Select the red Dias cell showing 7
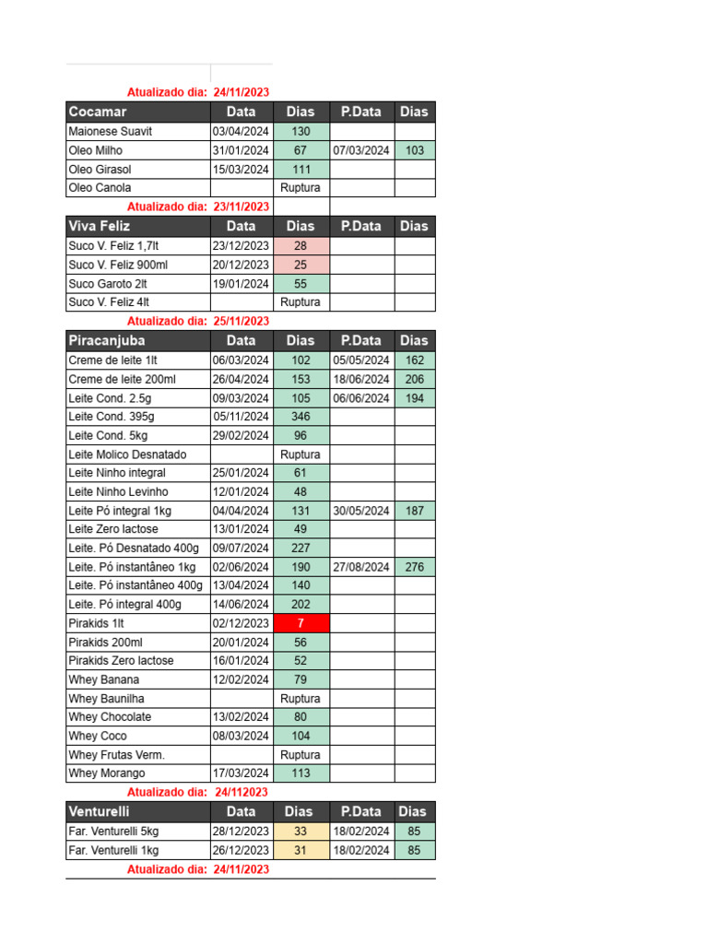tap(301, 623)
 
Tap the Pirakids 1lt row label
tap(96, 623)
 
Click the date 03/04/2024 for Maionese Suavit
tap(241, 132)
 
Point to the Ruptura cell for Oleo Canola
tap(301, 187)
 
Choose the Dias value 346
tap(301, 417)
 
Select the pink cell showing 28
tap(301, 246)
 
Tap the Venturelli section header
tap(99, 811)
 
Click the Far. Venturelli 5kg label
tap(113, 832)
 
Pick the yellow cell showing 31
tap(301, 850)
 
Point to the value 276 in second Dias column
tap(415, 567)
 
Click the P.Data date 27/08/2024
tap(361, 567)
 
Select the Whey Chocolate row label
tap(110, 716)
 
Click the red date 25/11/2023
tap(241, 321)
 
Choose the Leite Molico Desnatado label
tap(127, 454)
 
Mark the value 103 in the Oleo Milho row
tap(415, 150)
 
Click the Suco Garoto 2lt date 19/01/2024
tap(241, 284)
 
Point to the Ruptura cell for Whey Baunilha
tap(301, 698)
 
